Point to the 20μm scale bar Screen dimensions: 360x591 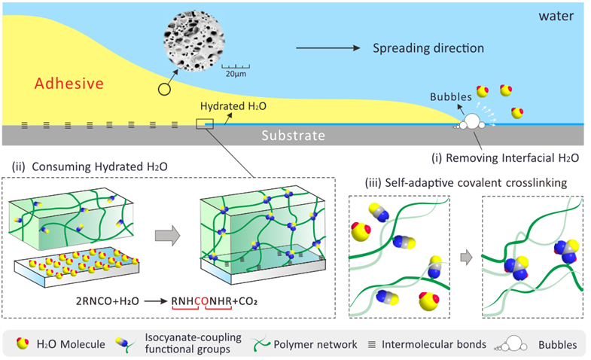pyautogui.click(x=236, y=73)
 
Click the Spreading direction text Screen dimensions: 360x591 pyautogui.click(x=428, y=48)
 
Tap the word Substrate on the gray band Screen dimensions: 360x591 pyautogui.click(x=293, y=136)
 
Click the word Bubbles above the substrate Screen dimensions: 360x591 pyautogui.click(x=451, y=97)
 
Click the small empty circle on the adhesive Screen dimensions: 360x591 pyautogui.click(x=163, y=90)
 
